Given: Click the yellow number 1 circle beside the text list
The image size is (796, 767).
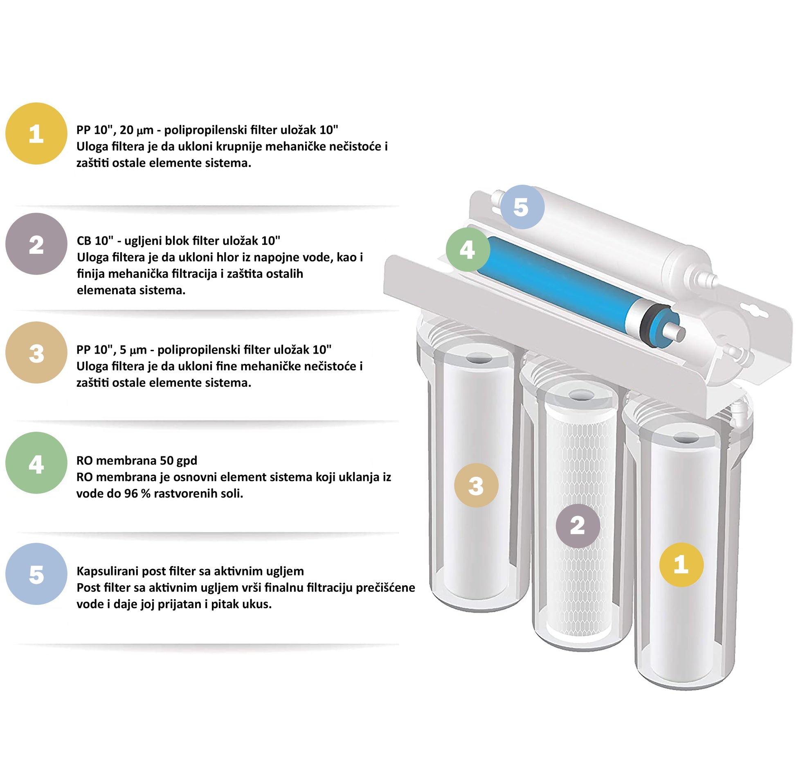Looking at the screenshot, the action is coord(36,133).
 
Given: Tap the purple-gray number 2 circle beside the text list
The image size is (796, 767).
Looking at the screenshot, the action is coord(36,244).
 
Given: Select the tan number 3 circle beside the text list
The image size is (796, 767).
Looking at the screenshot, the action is coord(36,352).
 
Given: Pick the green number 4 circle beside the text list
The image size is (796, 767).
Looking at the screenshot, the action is coord(36,463).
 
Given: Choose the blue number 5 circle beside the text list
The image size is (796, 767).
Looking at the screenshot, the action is coord(36,574).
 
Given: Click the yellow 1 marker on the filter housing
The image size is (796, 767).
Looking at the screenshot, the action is coord(681,565).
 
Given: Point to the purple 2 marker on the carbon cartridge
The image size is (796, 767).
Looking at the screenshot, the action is coord(578,526).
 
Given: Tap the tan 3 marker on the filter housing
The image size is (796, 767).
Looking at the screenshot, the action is coord(476,485).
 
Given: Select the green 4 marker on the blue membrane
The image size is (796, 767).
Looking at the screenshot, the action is coord(468,249).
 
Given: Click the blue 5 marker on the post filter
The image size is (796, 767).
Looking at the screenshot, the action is coord(522,207).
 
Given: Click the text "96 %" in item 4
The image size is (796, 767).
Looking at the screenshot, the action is coord(137,494).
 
